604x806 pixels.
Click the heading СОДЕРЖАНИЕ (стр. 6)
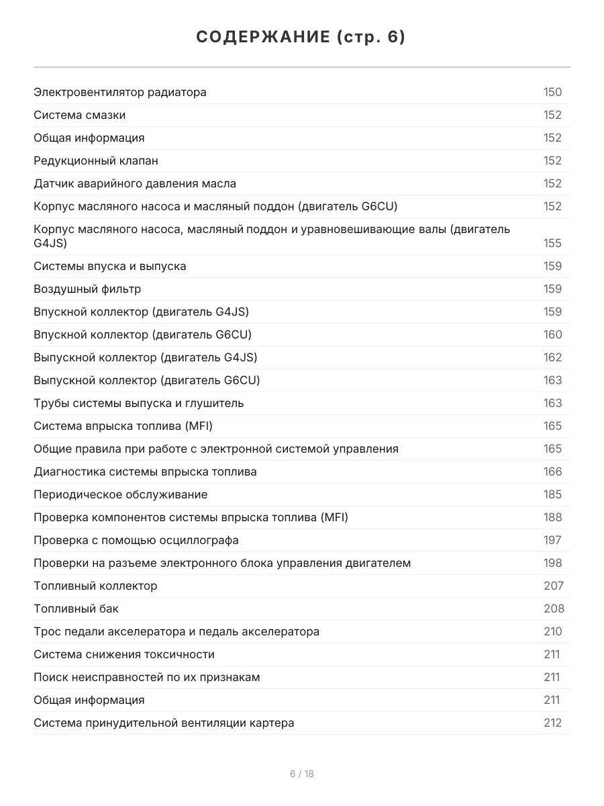(301, 37)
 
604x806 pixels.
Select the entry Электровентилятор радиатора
(120, 92)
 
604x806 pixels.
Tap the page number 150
(552, 92)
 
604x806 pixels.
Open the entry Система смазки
(79, 115)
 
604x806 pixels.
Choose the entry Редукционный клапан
(96, 161)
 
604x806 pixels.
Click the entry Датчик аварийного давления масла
(135, 183)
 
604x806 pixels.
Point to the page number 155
(552, 243)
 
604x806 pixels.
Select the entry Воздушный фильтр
(87, 289)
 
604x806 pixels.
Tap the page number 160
(552, 334)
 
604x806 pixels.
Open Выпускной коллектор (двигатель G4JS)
(146, 357)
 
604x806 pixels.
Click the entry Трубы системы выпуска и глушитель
(139, 403)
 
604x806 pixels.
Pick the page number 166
(552, 472)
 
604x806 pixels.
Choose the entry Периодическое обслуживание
(121, 494)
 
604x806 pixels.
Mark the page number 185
(552, 494)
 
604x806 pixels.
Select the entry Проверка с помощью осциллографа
(136, 540)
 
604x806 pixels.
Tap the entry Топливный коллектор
(95, 586)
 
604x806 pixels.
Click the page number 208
(554, 609)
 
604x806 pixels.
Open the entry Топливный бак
(76, 609)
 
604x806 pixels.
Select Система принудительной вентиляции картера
(164, 723)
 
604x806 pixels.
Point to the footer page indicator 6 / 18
(301, 774)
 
